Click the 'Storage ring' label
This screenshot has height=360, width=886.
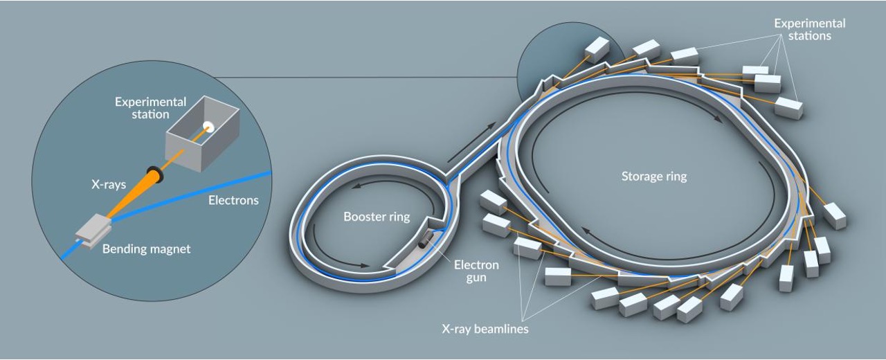(653, 177)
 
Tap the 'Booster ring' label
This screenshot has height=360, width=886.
(377, 217)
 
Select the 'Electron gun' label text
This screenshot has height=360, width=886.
(476, 271)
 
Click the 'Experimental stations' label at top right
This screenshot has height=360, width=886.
(809, 29)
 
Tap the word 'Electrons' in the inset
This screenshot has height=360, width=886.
(233, 201)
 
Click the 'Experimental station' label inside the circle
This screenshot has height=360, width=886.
(150, 107)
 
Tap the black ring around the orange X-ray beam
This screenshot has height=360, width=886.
(154, 175)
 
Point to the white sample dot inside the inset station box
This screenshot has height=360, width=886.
(207, 126)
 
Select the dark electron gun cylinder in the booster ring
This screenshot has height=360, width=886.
(426, 240)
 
